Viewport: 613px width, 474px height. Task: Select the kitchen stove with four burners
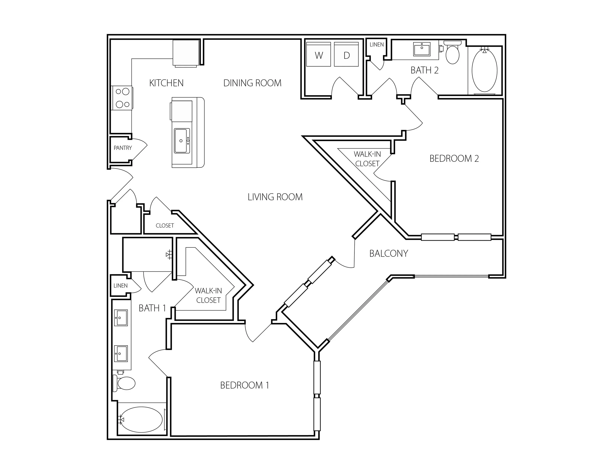coord(122,98)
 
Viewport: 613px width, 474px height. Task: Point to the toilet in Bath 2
coord(452,52)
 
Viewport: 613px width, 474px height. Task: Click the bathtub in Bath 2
coord(484,71)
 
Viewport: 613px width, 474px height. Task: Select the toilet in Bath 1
coord(124,383)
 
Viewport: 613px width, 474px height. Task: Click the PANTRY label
coord(123,148)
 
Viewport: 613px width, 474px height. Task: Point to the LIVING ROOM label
coord(275,197)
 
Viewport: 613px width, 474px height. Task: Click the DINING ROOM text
coord(252,83)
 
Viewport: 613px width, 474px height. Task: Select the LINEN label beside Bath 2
coord(377,44)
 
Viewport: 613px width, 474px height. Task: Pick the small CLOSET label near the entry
coord(165,225)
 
